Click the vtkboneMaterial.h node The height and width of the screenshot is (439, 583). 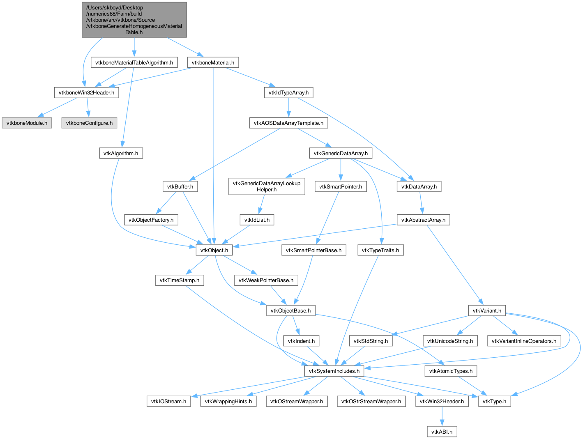click(213, 62)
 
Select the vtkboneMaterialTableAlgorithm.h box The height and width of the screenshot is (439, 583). click(134, 62)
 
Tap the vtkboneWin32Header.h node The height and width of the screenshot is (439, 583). click(86, 92)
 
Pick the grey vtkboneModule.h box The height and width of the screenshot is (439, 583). click(27, 123)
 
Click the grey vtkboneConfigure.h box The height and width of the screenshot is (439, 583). click(89, 123)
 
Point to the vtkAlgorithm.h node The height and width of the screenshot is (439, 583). click(121, 153)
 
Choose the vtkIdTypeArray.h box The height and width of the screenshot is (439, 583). click(288, 92)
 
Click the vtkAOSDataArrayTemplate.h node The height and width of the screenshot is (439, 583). click(288, 123)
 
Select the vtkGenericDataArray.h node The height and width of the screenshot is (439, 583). click(341, 153)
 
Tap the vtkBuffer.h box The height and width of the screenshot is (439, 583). click(180, 186)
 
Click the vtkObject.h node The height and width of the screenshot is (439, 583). click(214, 250)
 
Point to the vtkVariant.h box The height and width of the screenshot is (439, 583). click(487, 310)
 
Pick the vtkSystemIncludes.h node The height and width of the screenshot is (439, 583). click(334, 371)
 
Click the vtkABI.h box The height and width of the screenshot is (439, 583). click(442, 432)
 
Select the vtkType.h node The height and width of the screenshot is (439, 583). click(495, 401)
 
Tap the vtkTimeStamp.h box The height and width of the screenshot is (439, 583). click(180, 280)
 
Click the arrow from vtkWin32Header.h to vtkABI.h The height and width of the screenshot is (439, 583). click(442, 416)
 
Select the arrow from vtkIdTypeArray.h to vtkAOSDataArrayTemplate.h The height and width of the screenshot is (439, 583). click(288, 108)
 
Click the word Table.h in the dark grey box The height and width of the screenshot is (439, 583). click(134, 32)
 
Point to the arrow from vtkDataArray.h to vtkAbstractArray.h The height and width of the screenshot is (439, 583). click(421, 203)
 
